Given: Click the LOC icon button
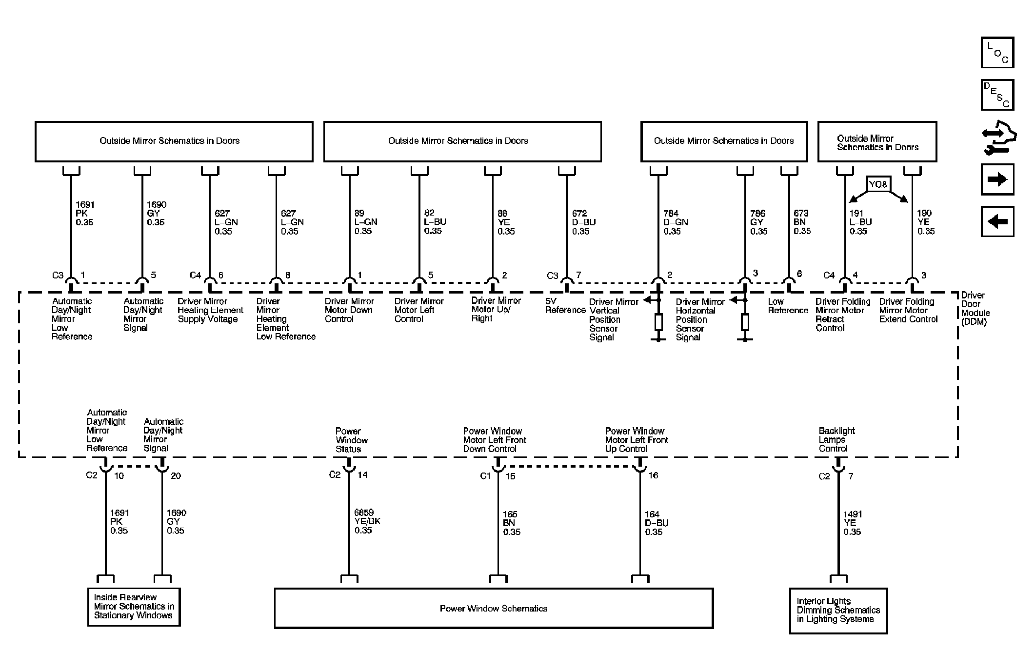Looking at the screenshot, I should pyautogui.click(x=997, y=53).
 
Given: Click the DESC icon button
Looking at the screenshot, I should pyautogui.click(x=997, y=95).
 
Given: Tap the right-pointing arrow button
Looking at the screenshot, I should pyautogui.click(x=997, y=179).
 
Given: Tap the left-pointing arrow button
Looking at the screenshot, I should pyautogui.click(x=997, y=222).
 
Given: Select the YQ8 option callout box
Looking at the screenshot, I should pyautogui.click(x=878, y=184).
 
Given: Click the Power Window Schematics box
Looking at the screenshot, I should pyautogui.click(x=494, y=609).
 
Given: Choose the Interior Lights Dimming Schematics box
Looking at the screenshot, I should pyautogui.click(x=838, y=611).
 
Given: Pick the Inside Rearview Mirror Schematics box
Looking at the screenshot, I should pyautogui.click(x=134, y=607).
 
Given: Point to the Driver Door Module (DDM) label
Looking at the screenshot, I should pyautogui.click(x=975, y=309).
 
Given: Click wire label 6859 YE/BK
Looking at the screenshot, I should pyautogui.click(x=367, y=521).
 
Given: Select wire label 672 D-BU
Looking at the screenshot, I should pyautogui.click(x=583, y=222).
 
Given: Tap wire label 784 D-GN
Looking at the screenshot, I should pyautogui.click(x=675, y=222).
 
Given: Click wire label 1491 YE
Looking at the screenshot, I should pyautogui.click(x=853, y=523).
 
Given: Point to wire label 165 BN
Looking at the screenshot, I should pyautogui.click(x=511, y=523).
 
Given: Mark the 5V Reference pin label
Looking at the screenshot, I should pyautogui.click(x=565, y=306).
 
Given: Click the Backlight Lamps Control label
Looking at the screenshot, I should pyautogui.click(x=836, y=439).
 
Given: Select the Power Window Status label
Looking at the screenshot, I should pyautogui.click(x=351, y=440).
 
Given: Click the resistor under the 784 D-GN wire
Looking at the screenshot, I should pyautogui.click(x=658, y=322).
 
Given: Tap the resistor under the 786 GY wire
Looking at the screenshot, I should pyautogui.click(x=745, y=322).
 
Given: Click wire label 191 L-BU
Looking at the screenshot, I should pyautogui.click(x=860, y=222).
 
